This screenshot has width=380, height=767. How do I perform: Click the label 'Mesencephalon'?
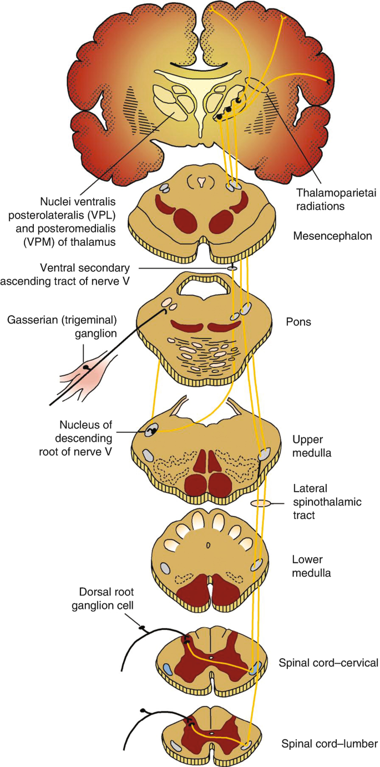[332, 236]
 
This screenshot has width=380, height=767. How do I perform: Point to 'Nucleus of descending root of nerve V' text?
[81, 438]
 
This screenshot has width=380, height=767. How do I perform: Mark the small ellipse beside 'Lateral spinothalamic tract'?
[260, 504]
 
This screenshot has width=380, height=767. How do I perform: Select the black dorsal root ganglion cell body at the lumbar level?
[145, 710]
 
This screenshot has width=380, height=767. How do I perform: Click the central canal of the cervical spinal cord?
[211, 658]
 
